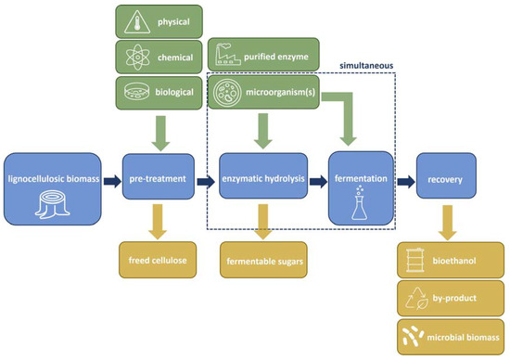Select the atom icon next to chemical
137,57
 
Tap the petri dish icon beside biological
137,92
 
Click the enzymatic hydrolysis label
263,177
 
